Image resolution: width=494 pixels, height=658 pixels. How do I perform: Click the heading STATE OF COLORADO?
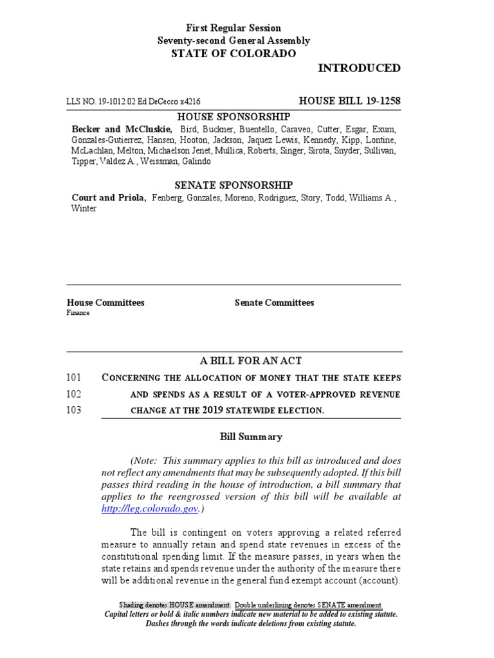point(233,54)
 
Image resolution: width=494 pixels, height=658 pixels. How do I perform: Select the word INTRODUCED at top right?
point(359,68)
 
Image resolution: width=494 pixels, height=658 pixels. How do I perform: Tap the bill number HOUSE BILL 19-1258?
point(350,101)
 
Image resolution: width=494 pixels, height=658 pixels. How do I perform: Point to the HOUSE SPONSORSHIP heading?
point(233,116)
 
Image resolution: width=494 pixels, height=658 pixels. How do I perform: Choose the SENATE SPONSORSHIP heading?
point(233,185)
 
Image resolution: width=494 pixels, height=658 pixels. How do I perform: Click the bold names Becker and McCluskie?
point(121,129)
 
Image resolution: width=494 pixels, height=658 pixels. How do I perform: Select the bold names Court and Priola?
point(108,198)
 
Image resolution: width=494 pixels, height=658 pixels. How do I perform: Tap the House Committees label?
point(105,303)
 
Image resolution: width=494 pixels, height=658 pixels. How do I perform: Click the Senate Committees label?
point(274,303)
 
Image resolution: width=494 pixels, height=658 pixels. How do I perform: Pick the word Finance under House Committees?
point(78,313)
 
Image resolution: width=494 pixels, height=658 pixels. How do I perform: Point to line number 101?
point(74,377)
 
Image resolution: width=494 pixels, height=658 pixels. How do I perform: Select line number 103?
point(74,410)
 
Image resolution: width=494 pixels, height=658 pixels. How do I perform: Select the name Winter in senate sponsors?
point(84,209)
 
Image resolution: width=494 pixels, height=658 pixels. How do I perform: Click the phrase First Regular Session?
point(233,28)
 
